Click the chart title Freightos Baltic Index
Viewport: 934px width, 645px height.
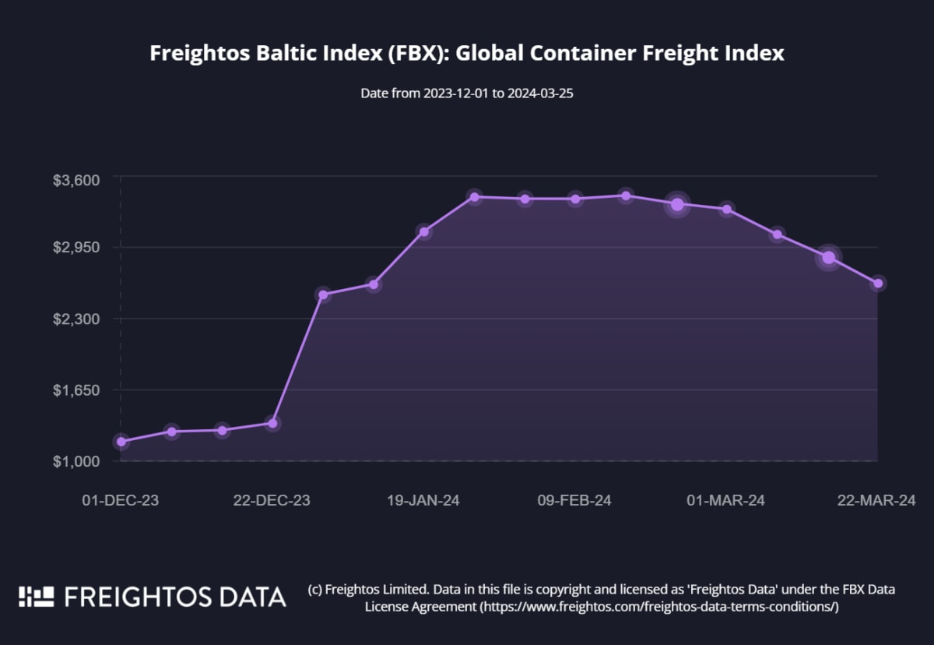pos(466,54)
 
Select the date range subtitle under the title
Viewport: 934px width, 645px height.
pos(467,93)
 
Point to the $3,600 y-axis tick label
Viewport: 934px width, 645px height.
pos(75,180)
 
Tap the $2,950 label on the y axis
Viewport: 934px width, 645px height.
pos(75,248)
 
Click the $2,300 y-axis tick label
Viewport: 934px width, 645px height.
pos(75,319)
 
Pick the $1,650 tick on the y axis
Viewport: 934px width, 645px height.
pos(75,389)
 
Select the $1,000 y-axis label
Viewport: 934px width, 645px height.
pos(75,461)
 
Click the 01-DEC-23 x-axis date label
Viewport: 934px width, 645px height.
pos(120,500)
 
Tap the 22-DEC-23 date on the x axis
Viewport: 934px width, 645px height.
pos(272,500)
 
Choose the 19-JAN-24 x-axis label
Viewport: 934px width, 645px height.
pos(423,500)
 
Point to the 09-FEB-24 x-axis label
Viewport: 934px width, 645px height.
pos(574,500)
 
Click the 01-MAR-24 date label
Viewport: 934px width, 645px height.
pos(726,500)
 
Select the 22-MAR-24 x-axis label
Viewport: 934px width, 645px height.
pos(876,500)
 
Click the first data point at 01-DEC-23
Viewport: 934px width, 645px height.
pos(121,442)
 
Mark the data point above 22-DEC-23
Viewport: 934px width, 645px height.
pos(272,423)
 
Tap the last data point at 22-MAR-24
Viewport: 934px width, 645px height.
pos(877,283)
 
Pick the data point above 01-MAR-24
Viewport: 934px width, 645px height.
pos(726,209)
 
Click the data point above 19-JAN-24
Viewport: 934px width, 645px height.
pos(423,231)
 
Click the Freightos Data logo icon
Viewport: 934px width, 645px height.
pos(37,597)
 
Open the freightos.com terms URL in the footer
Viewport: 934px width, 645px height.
pos(658,606)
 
